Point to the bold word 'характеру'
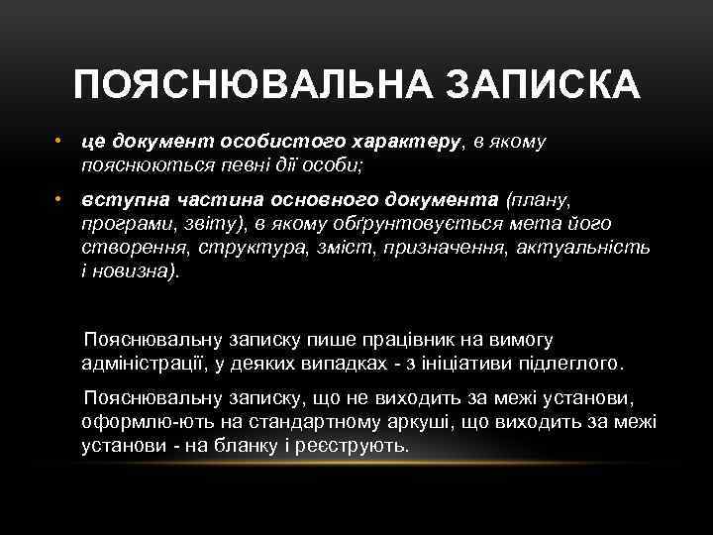tap(409, 142)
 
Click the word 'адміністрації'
tap(145, 364)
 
